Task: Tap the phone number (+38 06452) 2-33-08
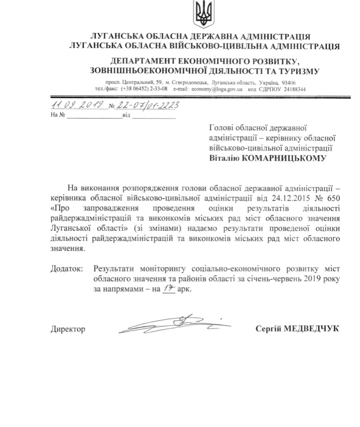[x=144, y=89]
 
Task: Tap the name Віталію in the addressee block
[x=223, y=158]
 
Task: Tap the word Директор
[x=68, y=329]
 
